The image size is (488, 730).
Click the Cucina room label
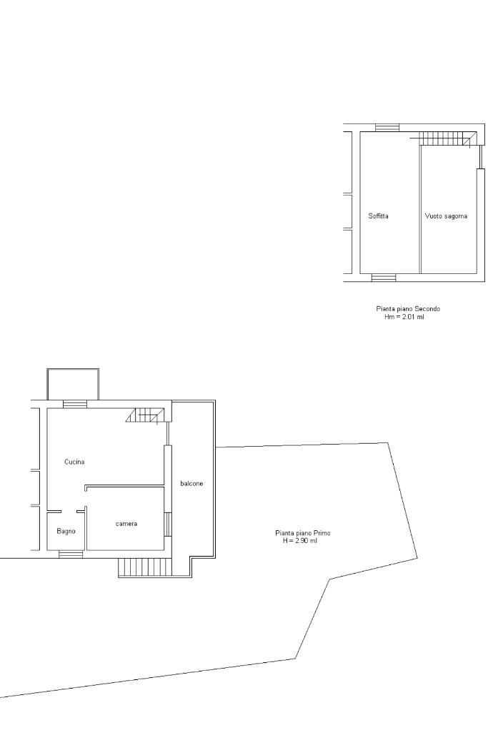tap(74, 462)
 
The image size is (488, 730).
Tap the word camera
tap(126, 524)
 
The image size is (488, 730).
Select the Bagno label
tap(66, 531)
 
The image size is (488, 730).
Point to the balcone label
tap(191, 484)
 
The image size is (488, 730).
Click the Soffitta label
tap(379, 216)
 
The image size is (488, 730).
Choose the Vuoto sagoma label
tap(446, 216)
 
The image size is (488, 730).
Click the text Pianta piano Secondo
tap(408, 309)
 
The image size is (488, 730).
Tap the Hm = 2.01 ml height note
tap(404, 317)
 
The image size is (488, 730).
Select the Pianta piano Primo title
tap(303, 533)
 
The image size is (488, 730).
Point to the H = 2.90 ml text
tap(299, 541)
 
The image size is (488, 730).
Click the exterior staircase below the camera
tap(145, 567)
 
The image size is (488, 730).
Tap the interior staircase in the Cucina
tap(146, 415)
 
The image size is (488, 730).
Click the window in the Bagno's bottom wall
tap(71, 554)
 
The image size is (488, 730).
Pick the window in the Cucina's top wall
tap(75, 404)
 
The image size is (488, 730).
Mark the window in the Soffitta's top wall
tap(388, 128)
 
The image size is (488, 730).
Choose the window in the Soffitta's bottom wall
tap(384, 278)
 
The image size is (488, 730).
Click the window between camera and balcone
tap(168, 524)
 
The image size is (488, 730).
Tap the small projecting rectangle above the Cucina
tap(73, 384)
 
